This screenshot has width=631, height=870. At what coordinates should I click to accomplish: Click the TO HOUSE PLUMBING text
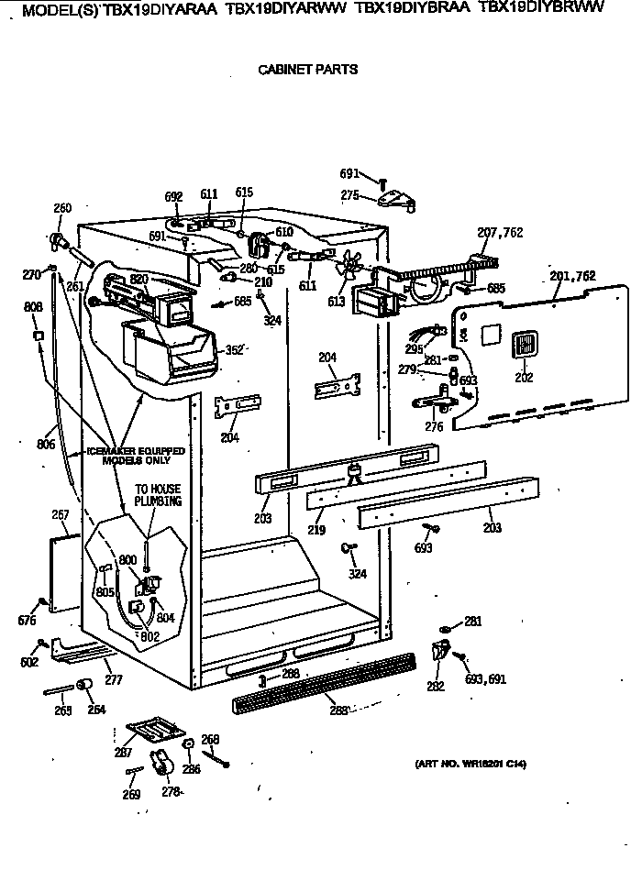point(158,495)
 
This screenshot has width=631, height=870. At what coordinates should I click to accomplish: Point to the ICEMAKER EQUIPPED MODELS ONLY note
point(136,456)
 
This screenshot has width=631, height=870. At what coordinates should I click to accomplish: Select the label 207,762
point(500,233)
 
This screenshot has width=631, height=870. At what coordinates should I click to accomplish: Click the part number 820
point(138,279)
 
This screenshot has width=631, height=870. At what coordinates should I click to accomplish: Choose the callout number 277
point(114,680)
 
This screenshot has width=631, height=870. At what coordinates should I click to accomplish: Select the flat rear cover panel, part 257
point(62,572)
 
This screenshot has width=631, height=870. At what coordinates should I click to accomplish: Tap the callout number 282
point(435,686)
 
